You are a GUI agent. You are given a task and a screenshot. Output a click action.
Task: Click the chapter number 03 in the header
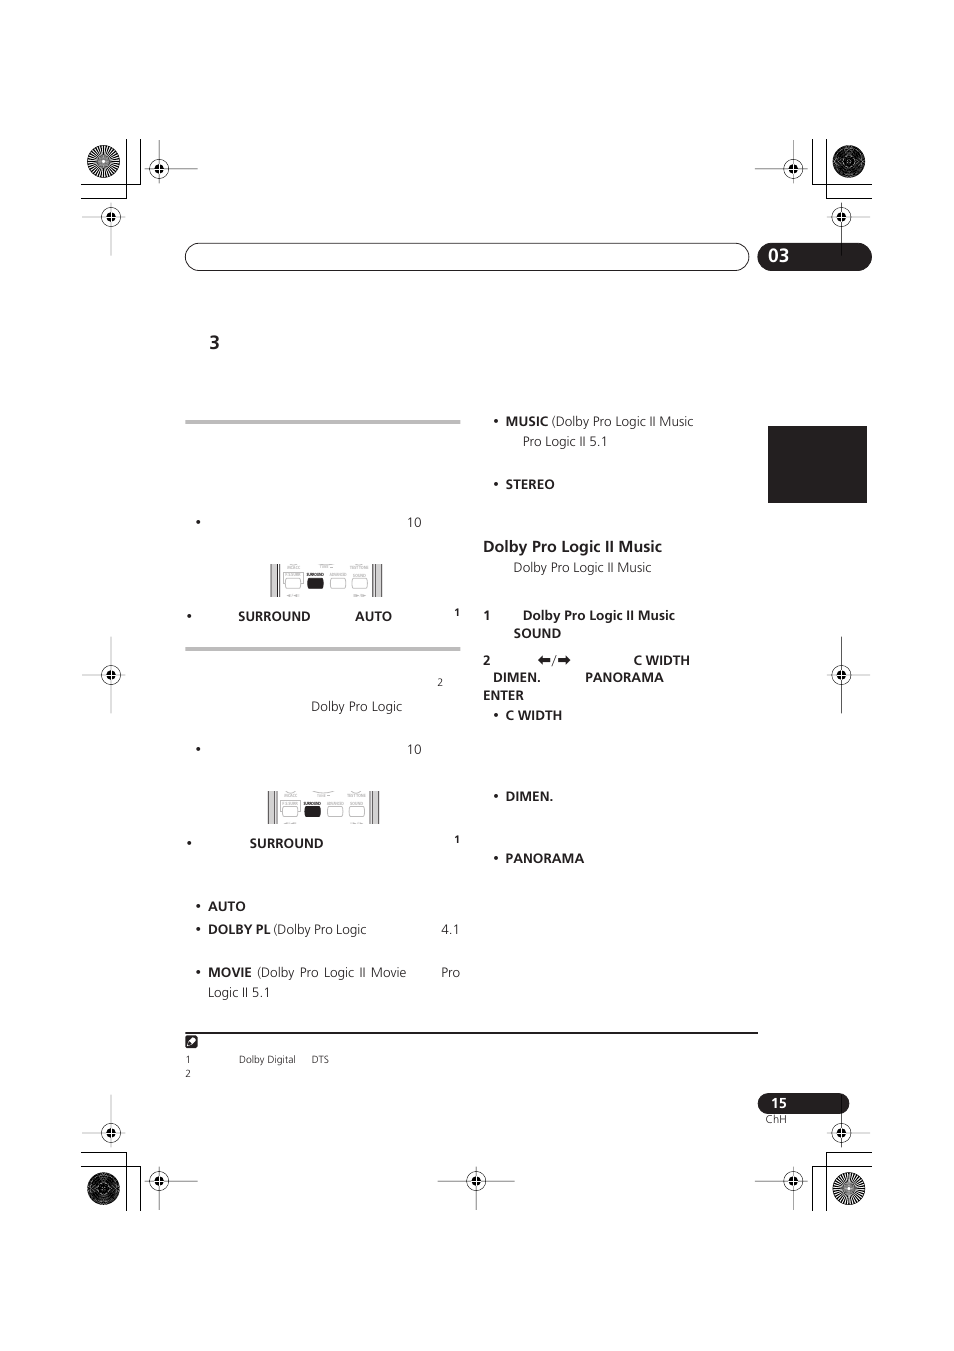click(x=778, y=256)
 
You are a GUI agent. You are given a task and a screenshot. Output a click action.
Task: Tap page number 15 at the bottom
click(x=778, y=1103)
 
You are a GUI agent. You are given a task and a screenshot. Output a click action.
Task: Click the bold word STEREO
click(x=529, y=484)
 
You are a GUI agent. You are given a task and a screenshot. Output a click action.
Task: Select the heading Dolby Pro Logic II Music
click(x=572, y=546)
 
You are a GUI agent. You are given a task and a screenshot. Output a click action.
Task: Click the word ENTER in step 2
click(x=503, y=695)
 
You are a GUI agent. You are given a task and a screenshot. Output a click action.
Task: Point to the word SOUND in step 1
click(x=537, y=633)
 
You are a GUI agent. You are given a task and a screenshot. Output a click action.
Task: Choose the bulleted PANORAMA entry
click(x=544, y=858)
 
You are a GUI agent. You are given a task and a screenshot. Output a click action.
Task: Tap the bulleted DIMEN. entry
click(x=528, y=796)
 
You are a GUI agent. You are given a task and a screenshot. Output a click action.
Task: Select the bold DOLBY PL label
click(x=238, y=929)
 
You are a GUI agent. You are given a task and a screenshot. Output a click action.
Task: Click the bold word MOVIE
click(x=229, y=972)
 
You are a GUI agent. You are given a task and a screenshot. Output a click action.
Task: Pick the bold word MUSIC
click(x=526, y=421)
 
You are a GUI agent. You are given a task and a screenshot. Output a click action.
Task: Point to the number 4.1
click(x=450, y=929)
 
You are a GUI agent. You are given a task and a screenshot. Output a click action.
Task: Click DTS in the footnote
click(x=320, y=1059)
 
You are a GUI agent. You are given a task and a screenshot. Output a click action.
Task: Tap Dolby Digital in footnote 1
click(x=267, y=1059)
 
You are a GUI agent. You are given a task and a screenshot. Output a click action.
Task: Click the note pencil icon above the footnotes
click(x=192, y=1041)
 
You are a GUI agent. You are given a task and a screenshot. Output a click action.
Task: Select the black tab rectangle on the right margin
click(x=817, y=464)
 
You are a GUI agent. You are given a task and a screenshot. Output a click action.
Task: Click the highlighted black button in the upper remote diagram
click(x=315, y=583)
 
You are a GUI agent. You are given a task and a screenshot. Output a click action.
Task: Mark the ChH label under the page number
click(x=776, y=1119)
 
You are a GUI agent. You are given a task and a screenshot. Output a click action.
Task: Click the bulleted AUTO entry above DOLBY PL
click(x=226, y=906)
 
